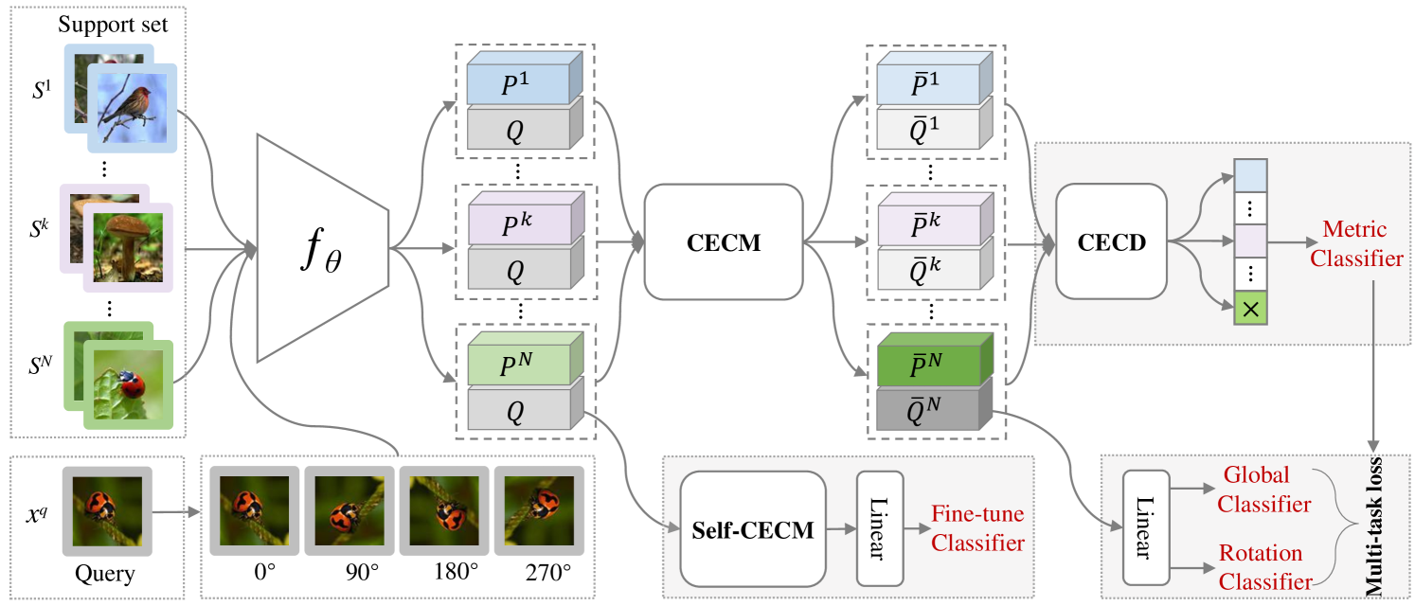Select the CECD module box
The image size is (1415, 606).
[x=1111, y=242]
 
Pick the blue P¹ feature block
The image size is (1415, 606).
[x=520, y=83]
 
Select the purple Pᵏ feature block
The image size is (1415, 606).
[x=520, y=223]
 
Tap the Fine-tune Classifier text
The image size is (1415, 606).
[x=977, y=529]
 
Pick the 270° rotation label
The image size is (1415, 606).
[x=548, y=574]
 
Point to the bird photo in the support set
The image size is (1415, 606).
[x=133, y=106]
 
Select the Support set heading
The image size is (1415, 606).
[x=113, y=24]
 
